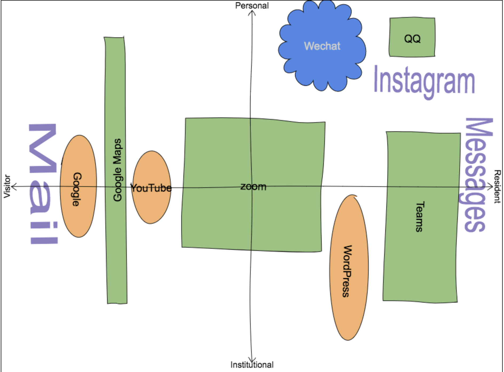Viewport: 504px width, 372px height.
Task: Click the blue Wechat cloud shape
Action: (x=322, y=46)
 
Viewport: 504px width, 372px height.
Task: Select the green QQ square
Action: (x=412, y=37)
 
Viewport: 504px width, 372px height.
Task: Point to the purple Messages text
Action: (x=477, y=175)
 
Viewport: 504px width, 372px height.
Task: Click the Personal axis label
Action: (x=252, y=6)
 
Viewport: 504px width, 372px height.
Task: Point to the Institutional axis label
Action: (x=252, y=365)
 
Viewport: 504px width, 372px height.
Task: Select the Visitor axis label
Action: (x=7, y=186)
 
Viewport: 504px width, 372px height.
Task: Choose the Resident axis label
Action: (x=497, y=187)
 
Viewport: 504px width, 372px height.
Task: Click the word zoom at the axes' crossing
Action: (x=253, y=187)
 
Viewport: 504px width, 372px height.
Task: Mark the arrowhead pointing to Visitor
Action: (x=13, y=186)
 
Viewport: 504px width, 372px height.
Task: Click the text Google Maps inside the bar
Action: (x=117, y=170)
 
